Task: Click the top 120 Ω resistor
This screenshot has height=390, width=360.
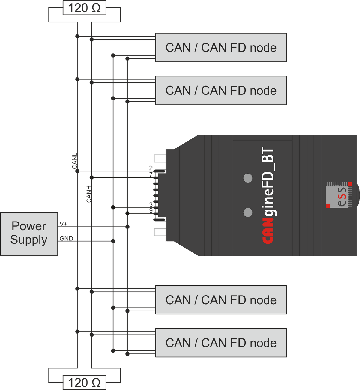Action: (84, 8)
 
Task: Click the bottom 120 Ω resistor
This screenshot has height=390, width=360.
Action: (84, 383)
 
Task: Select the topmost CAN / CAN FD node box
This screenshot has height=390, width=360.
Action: (221, 48)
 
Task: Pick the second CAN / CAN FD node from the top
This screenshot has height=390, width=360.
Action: (221, 91)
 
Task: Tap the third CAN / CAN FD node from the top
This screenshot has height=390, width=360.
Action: (221, 300)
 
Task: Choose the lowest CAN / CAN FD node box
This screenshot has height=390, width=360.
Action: (221, 343)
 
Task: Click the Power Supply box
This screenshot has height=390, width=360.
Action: (29, 234)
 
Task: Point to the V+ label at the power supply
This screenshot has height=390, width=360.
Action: (63, 224)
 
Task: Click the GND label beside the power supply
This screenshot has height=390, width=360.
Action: (66, 238)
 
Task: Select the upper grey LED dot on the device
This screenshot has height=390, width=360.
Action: (248, 178)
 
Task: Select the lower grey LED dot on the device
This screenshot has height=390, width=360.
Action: (248, 213)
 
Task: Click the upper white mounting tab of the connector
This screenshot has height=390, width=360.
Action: (160, 158)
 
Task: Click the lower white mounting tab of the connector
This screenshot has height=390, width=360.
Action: (160, 232)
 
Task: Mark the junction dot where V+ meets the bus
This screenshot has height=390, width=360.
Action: (127, 227)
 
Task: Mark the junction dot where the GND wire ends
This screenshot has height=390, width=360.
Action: (113, 241)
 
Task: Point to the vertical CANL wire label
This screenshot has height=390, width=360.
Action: (74, 162)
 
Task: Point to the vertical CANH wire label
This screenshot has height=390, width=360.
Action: (89, 194)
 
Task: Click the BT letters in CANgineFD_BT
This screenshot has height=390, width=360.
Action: (268, 156)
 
